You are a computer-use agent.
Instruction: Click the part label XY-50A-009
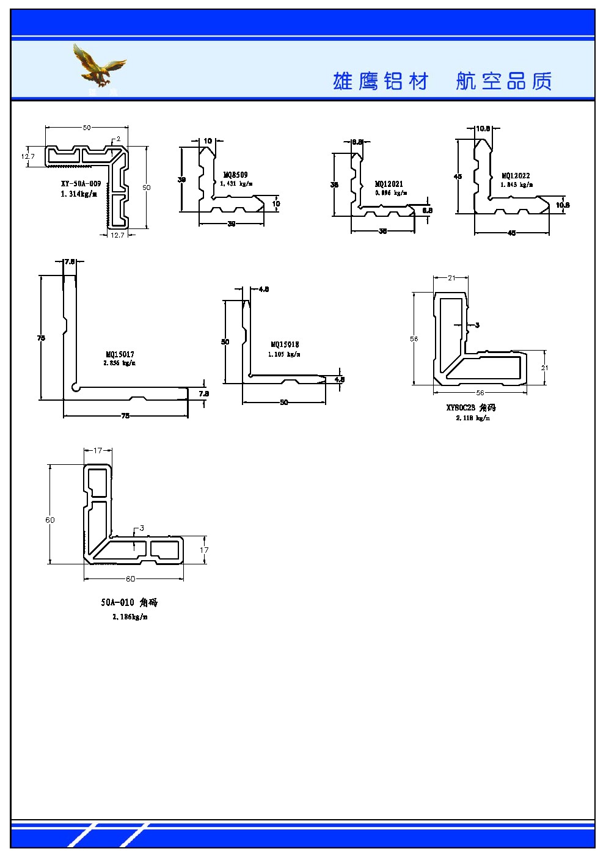point(81,184)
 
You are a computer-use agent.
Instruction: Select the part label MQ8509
point(236,175)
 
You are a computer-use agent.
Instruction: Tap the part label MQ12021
point(389,184)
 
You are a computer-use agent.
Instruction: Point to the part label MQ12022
point(516,176)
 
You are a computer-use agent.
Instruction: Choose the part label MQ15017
point(120,354)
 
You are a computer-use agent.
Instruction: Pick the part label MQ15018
point(285,345)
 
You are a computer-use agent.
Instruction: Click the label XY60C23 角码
point(471,407)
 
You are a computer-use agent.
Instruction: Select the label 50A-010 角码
point(130,602)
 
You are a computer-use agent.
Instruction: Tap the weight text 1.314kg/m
point(79,194)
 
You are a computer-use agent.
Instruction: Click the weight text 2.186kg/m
point(130,617)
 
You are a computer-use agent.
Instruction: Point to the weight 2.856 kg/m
point(120,363)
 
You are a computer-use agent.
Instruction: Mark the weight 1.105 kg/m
point(284,354)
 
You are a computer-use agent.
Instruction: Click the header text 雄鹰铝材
point(381,81)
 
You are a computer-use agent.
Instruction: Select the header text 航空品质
point(504,81)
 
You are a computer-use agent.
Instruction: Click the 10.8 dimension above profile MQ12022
point(483,129)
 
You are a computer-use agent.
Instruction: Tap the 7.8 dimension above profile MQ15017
point(69,262)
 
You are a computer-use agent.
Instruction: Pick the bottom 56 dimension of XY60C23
point(480,393)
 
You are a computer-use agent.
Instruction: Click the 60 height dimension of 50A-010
point(50,520)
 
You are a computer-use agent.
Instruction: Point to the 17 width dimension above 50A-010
point(98,451)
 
